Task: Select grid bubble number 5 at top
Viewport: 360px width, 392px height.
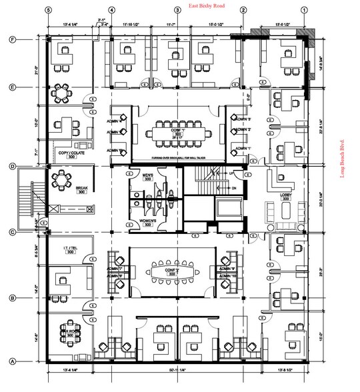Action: coord(47,10)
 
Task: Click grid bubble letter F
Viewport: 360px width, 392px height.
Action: coord(12,40)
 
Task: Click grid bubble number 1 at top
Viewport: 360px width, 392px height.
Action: coord(305,10)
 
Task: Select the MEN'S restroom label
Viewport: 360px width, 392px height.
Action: coord(148,177)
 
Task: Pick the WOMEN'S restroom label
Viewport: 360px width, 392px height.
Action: coord(148,221)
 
